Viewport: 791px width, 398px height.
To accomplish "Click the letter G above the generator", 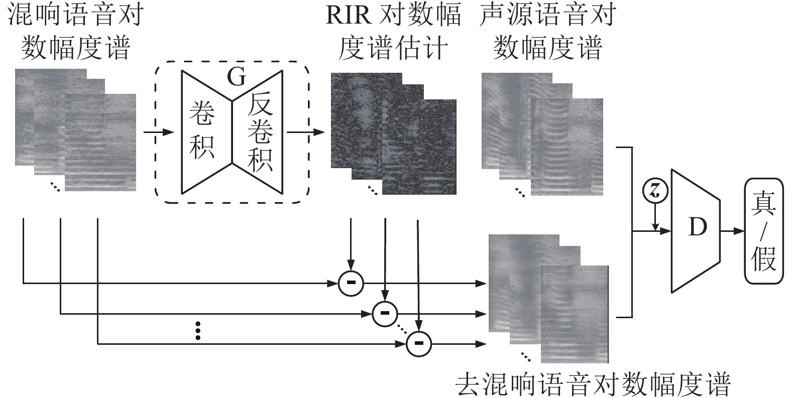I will coord(237,77).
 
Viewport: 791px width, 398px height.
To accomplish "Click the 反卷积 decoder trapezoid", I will coord(259,131).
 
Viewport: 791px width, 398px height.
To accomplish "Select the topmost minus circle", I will coord(351,283).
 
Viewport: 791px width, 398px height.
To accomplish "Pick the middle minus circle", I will coord(385,314).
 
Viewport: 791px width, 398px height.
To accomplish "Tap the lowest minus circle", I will coord(419,344).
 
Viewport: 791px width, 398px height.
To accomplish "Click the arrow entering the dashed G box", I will coord(158,132).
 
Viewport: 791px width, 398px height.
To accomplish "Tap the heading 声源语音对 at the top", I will coord(547,15).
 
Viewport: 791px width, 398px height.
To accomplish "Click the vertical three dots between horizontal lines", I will coord(198,331).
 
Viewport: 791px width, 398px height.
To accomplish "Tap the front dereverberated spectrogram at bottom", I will coord(575,314).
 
